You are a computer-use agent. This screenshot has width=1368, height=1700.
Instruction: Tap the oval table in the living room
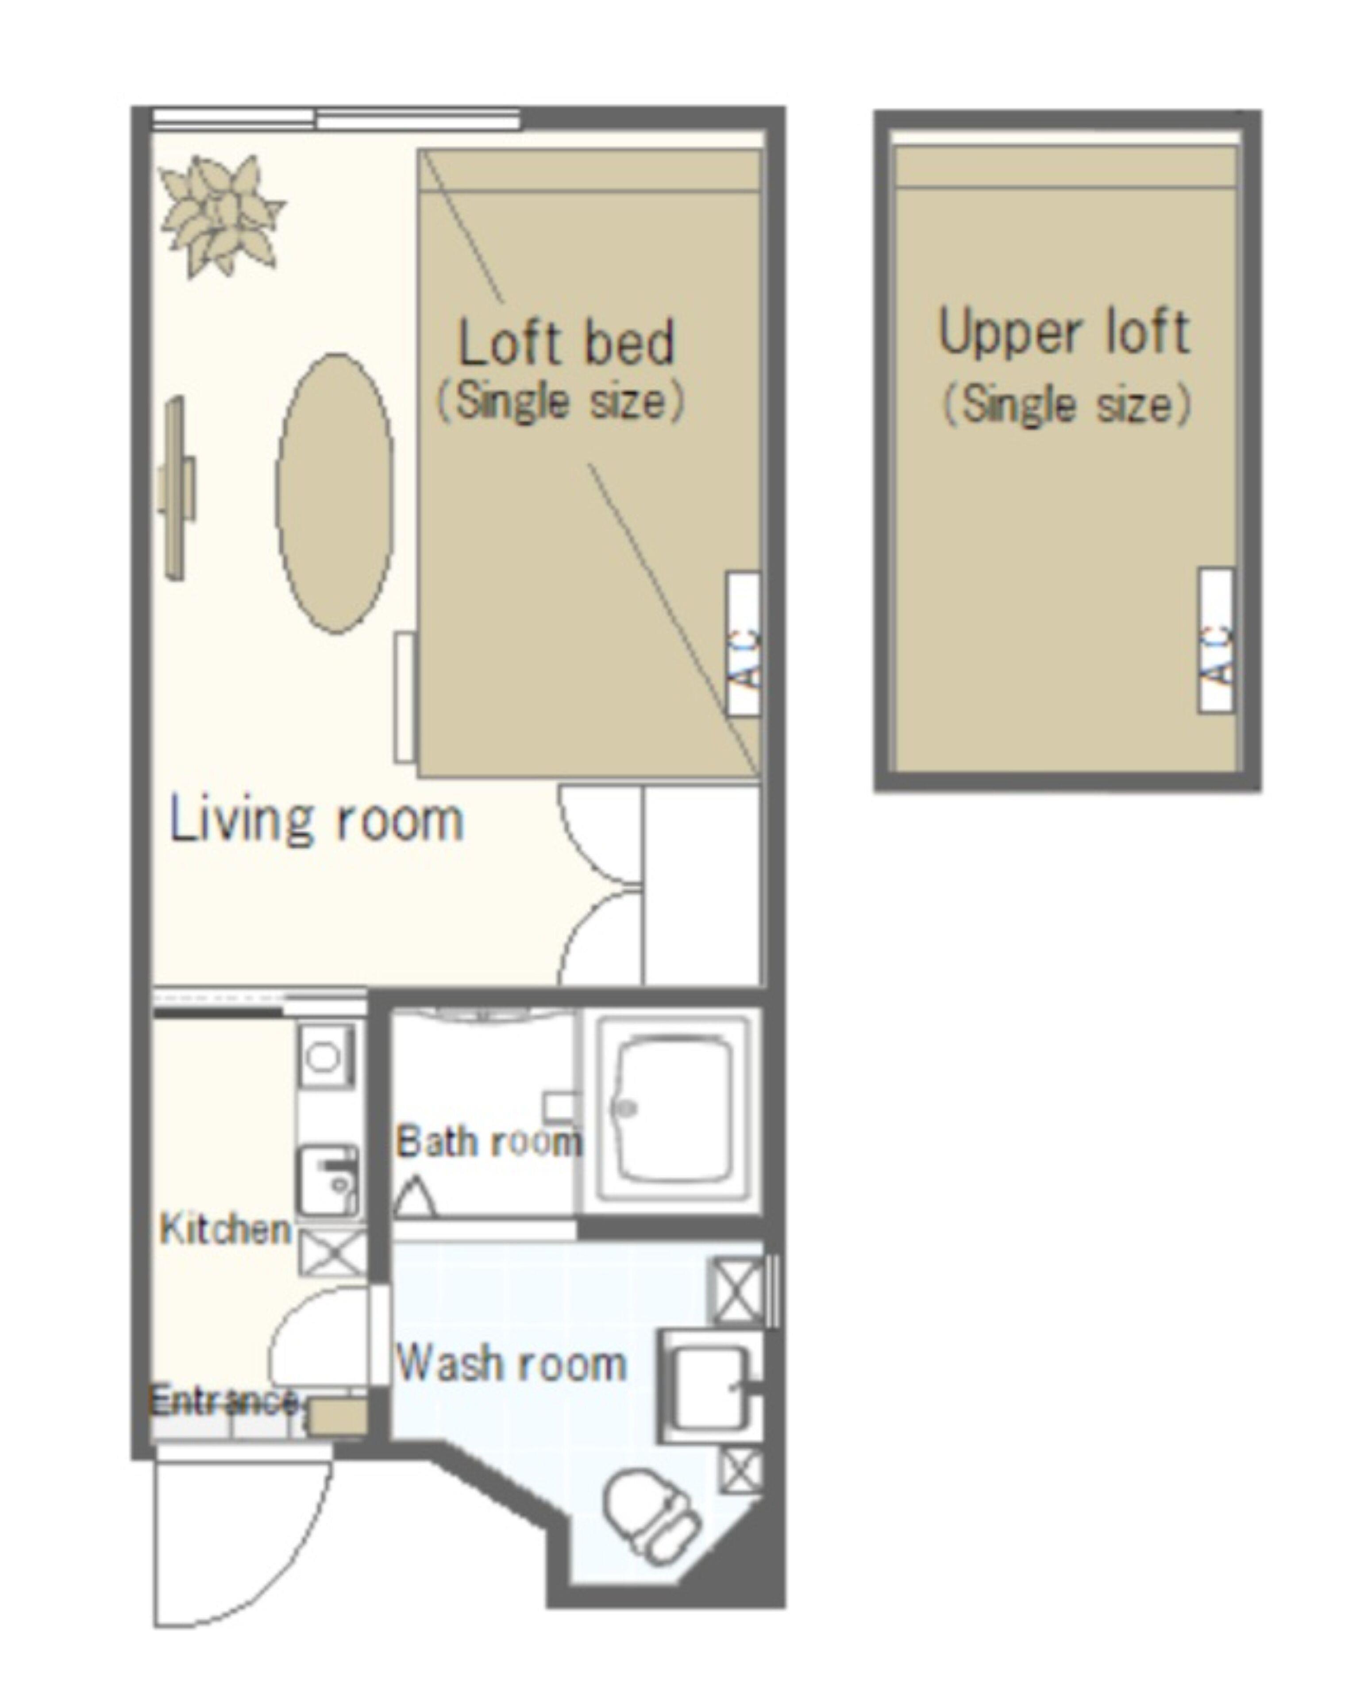tap(335, 493)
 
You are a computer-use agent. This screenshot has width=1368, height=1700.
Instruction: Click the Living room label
tap(317, 822)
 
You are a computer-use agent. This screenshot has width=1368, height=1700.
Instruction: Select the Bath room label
tap(489, 1142)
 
